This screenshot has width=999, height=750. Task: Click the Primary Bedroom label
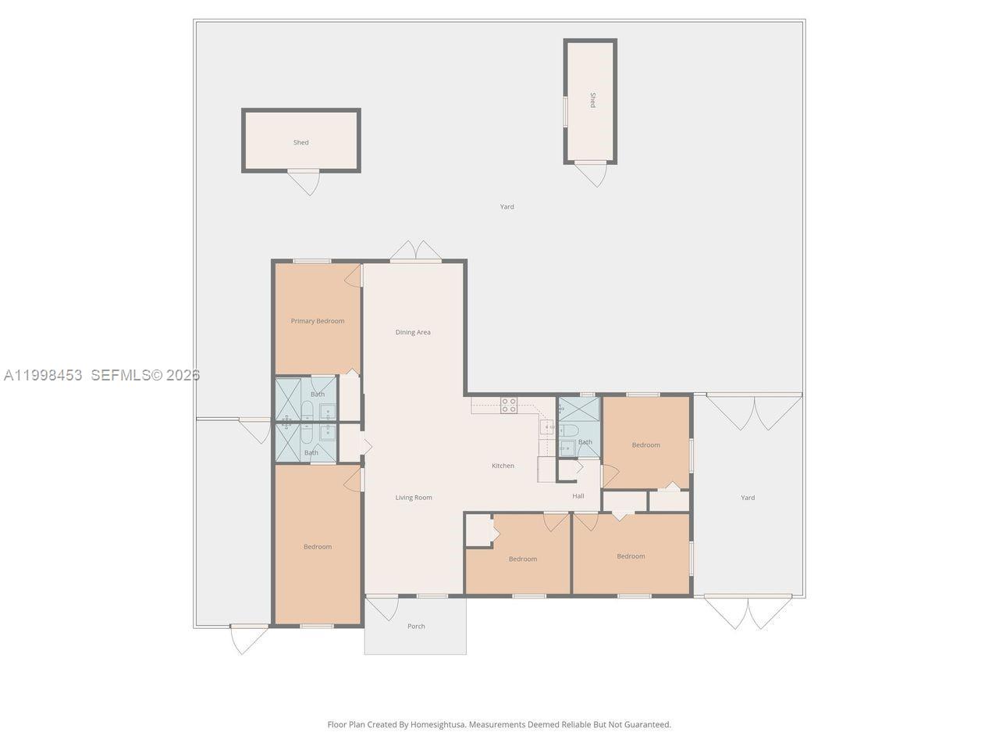coord(317,321)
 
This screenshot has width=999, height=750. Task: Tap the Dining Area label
coord(413,333)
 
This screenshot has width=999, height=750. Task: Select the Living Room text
coord(414,498)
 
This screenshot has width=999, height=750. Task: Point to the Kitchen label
coord(503,466)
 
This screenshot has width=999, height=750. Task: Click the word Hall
coord(578,496)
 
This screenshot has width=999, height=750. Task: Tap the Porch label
coord(416,626)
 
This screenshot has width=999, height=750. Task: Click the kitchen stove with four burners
coord(509,405)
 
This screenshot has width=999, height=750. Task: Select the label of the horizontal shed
coord(300,142)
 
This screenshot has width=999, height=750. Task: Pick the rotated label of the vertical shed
coord(592,100)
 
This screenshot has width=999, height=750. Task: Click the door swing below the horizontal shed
coord(304,183)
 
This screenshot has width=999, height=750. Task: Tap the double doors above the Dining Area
coord(415,251)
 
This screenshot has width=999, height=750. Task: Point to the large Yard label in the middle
coord(507,207)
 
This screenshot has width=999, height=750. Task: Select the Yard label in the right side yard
coord(748,498)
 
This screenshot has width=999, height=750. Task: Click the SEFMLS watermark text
coord(145,375)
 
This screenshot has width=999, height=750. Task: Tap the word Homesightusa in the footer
coord(438,724)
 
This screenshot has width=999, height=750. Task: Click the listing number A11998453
coord(43,375)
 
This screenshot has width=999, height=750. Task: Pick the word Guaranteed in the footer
coord(647,724)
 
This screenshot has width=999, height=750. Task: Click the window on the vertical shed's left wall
coord(565,112)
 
